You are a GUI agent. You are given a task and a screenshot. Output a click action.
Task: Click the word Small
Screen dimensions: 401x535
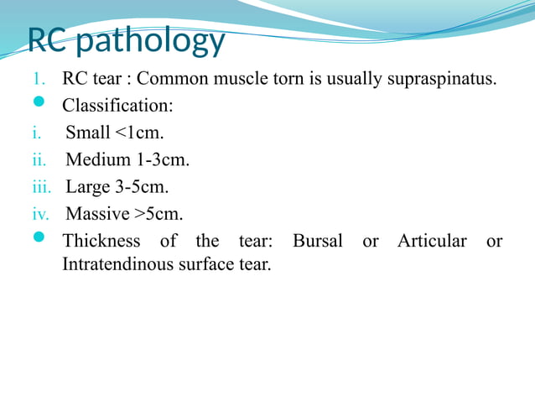pos(87,133)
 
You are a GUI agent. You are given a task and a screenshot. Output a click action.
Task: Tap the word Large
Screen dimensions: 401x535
pos(88,187)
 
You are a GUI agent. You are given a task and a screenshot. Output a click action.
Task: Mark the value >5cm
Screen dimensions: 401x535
pos(158,214)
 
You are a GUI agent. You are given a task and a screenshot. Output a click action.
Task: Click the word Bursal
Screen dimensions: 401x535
pos(318,242)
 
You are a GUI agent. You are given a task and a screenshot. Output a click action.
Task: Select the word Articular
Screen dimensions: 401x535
pos(432,242)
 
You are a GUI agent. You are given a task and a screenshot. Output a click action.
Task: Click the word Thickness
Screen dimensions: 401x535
pos(101,242)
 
